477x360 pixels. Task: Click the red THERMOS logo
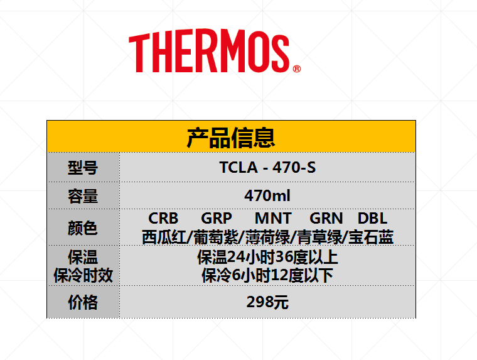(215, 51)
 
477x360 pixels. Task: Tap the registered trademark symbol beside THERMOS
(297, 69)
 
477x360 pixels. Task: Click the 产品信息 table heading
(231, 138)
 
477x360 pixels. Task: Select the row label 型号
(83, 168)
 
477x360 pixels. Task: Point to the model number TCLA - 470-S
(268, 167)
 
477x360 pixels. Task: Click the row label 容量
(83, 196)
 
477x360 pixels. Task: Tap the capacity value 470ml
(267, 195)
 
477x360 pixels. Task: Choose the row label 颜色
(83, 228)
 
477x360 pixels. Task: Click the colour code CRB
(163, 218)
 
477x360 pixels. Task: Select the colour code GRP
(217, 218)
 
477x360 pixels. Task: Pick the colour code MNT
(273, 218)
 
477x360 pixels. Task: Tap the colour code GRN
(326, 218)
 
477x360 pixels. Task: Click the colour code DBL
(372, 218)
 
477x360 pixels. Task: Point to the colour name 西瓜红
(164, 237)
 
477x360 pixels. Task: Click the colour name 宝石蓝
(371, 237)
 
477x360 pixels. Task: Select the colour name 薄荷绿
(268, 237)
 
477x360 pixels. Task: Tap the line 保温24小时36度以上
(267, 258)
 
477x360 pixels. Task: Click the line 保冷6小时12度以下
(267, 276)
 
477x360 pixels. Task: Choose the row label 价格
(83, 302)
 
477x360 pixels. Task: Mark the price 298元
(267, 302)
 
